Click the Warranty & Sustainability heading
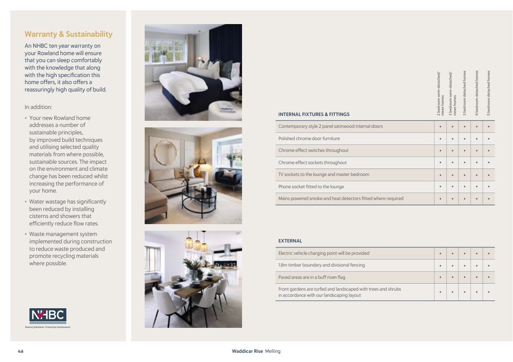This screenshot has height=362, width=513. click(x=68, y=34)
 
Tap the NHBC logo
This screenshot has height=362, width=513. click(x=48, y=315)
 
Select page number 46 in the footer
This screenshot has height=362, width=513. click(x=21, y=351)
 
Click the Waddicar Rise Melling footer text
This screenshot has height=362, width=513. click(x=256, y=351)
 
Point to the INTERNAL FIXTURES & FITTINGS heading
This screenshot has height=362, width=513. click(x=313, y=114)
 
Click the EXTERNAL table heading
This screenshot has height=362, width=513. click(x=290, y=241)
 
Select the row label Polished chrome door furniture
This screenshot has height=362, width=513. click(x=309, y=138)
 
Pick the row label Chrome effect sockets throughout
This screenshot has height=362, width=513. click(x=312, y=163)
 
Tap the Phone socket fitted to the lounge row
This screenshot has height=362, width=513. click(x=311, y=187)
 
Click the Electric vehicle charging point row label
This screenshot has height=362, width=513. click(x=324, y=253)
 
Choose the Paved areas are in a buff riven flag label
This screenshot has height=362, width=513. click(x=311, y=277)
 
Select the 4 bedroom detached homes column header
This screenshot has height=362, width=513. click(x=477, y=92)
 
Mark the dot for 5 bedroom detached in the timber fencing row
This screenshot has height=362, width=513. click(x=489, y=266)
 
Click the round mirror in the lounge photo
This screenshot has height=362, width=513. click(x=165, y=153)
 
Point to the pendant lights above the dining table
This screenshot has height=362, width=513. click(x=196, y=242)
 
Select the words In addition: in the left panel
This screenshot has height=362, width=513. click(x=38, y=107)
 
